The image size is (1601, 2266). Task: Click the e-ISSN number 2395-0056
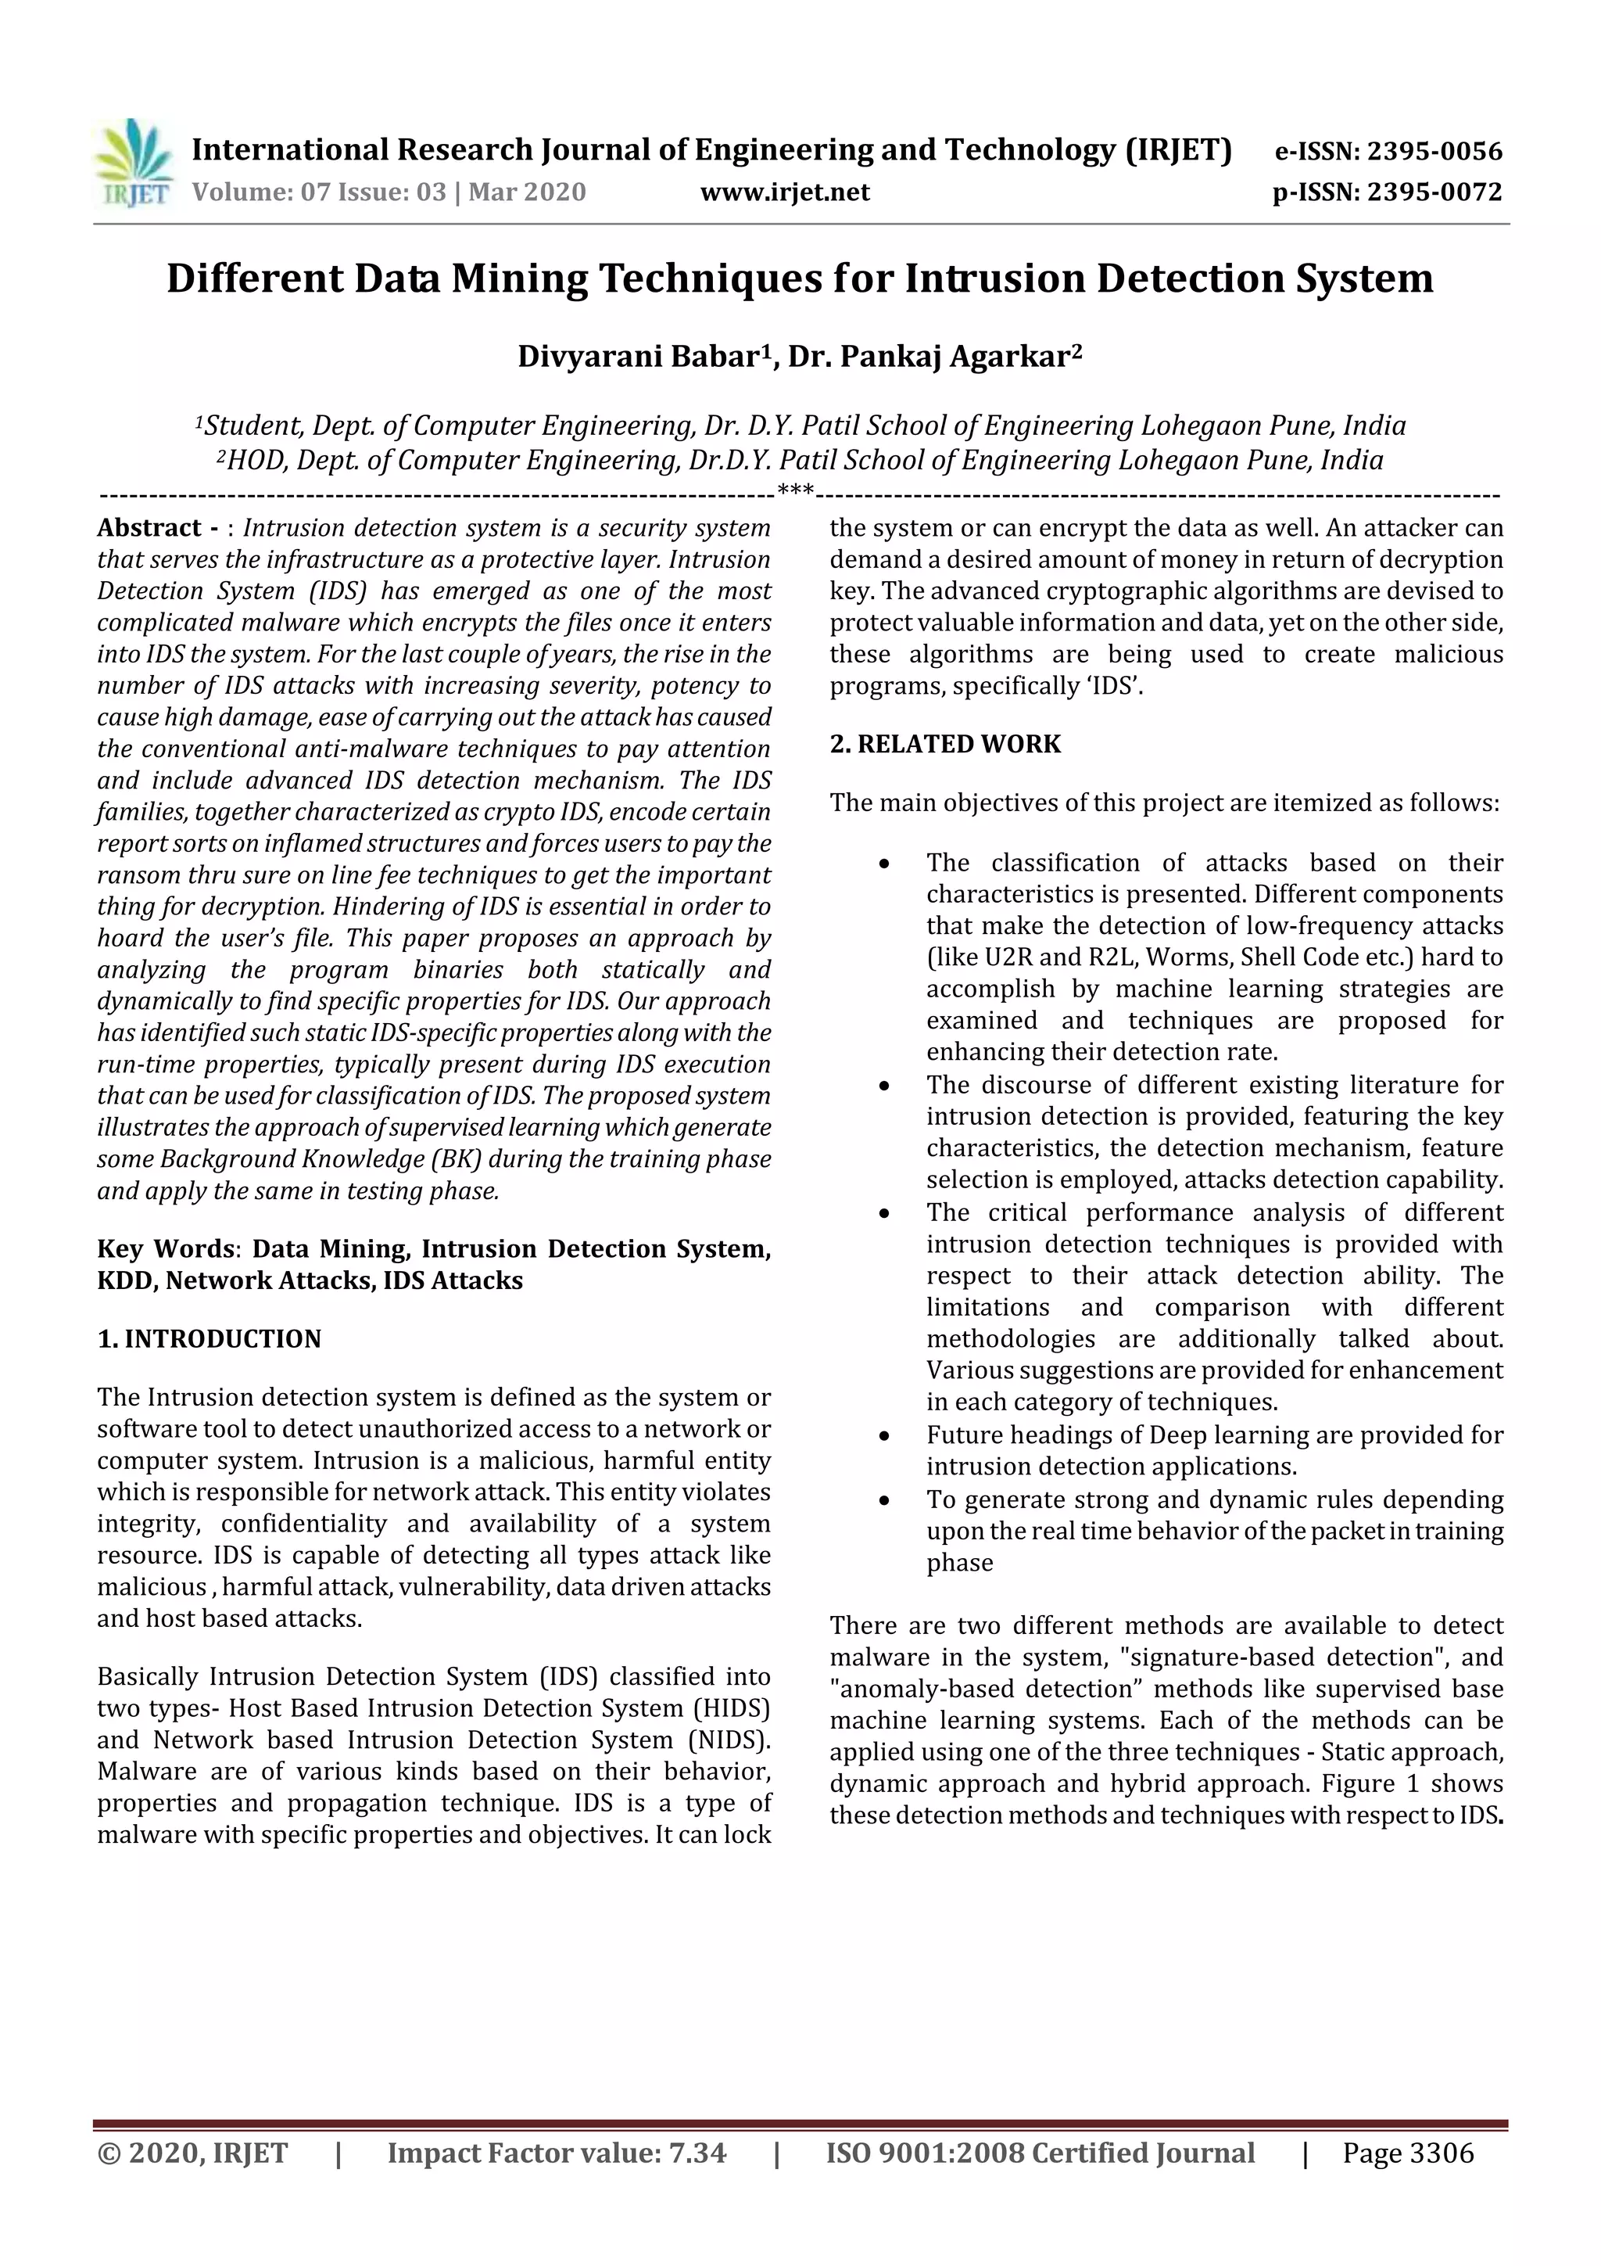tap(1433, 151)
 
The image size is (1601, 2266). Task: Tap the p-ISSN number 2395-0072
tap(1433, 192)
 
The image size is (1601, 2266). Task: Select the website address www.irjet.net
tap(784, 192)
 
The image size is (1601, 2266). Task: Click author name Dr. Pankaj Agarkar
tap(933, 357)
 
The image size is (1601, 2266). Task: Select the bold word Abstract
tap(149, 528)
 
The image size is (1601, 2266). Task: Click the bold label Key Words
tap(165, 1249)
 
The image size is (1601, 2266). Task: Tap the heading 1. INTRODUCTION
tap(210, 1339)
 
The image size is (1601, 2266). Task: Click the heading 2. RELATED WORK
tap(945, 744)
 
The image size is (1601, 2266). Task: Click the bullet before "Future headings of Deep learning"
tap(884, 1437)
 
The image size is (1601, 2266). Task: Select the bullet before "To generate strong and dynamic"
tap(884, 1501)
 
